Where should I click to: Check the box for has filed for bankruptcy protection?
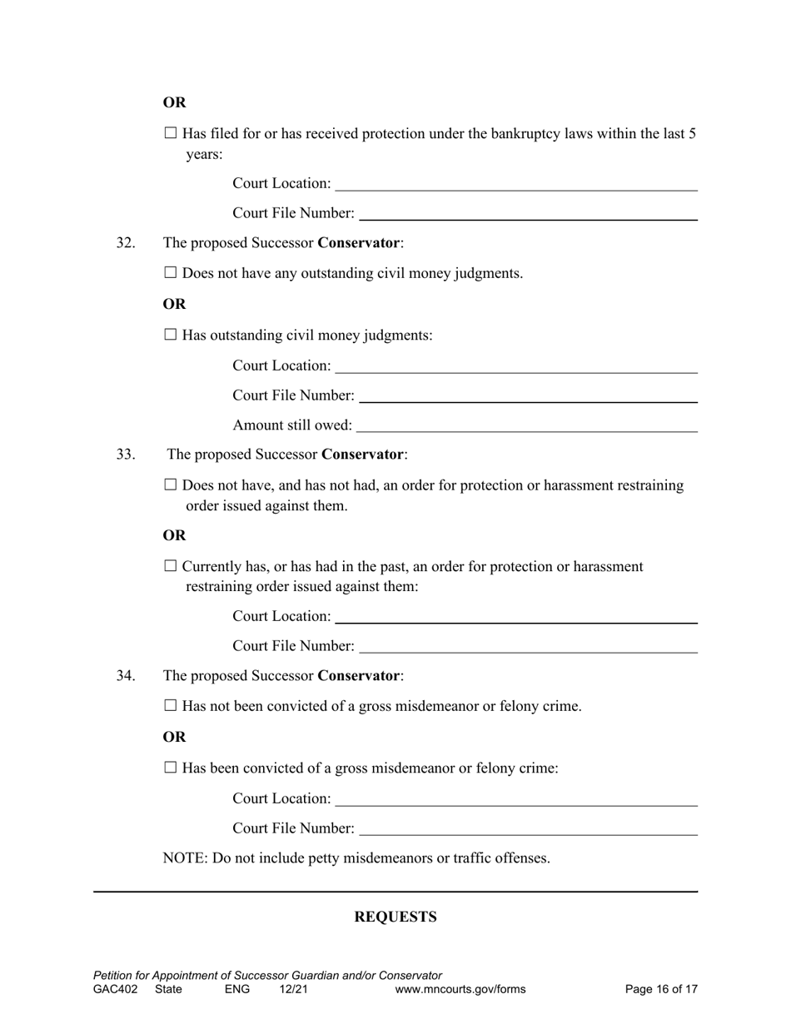[x=171, y=133]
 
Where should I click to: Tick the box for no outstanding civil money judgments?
[x=171, y=273]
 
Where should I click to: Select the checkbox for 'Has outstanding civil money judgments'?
[x=171, y=335]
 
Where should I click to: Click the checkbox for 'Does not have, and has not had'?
[x=171, y=485]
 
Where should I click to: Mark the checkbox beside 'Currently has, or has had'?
[x=171, y=566]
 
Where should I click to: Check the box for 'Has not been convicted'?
[x=171, y=706]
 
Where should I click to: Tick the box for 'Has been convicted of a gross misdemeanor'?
[x=171, y=768]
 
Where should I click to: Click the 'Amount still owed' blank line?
[x=526, y=426]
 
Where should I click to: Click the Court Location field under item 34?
[x=515, y=799]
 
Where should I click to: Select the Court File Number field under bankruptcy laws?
[x=528, y=214]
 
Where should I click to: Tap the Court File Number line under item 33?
[x=528, y=647]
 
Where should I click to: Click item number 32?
[x=126, y=243]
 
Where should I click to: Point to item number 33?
[x=126, y=455]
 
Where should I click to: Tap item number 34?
[x=126, y=676]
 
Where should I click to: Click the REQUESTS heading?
[x=395, y=917]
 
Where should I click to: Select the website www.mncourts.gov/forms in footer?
[x=460, y=989]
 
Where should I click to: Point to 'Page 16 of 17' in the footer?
[x=661, y=989]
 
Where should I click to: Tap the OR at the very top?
[x=174, y=102]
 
